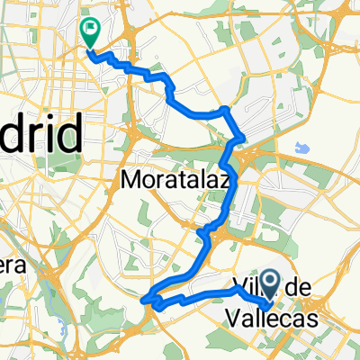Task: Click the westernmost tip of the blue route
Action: pos(143,294)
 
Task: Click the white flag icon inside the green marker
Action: pos(91,29)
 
